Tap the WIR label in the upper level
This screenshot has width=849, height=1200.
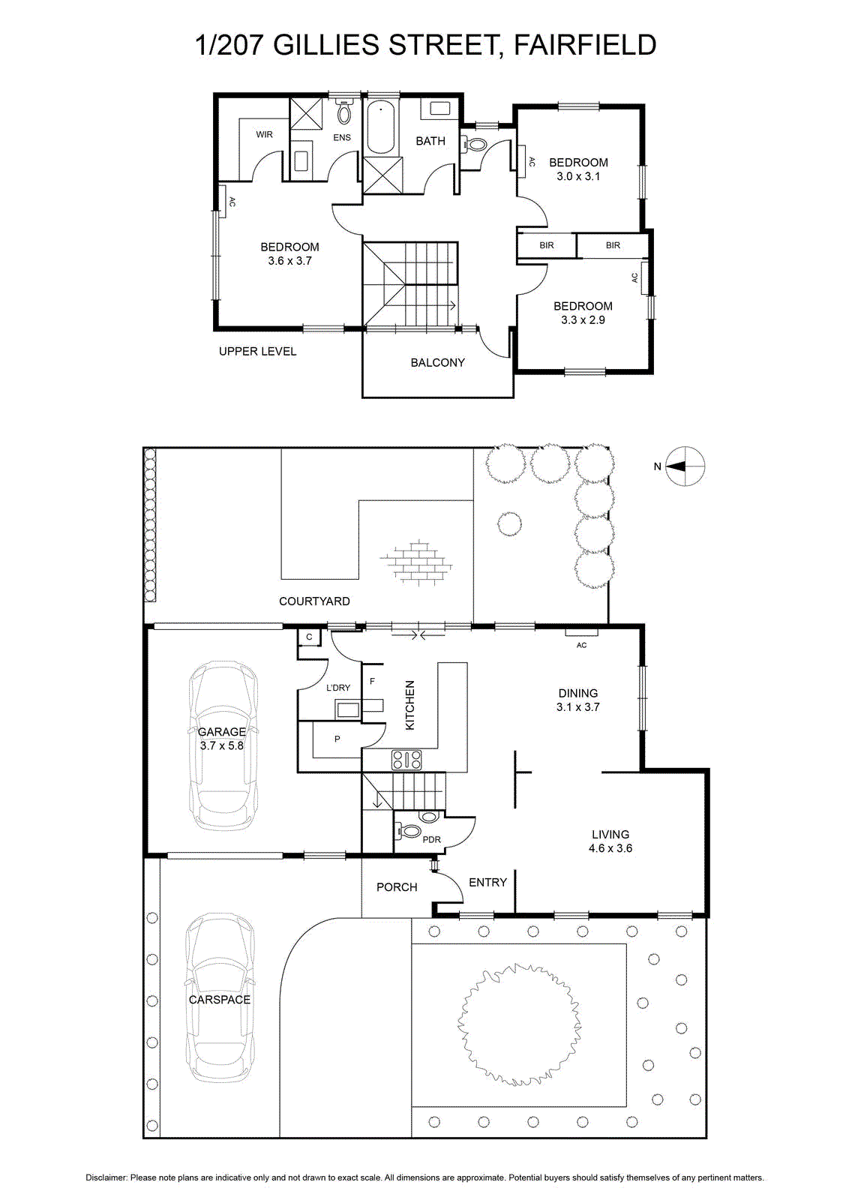[x=264, y=134]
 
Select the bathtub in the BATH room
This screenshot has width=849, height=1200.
[x=382, y=128]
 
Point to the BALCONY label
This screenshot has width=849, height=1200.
[x=437, y=363]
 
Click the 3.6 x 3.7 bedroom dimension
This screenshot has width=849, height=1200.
[x=289, y=261]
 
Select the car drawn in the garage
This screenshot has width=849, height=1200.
[x=222, y=747]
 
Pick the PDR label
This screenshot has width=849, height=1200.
[x=432, y=839]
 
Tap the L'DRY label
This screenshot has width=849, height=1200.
[x=338, y=688]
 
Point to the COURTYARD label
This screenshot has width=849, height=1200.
[x=314, y=601]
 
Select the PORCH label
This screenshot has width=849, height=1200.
[x=397, y=887]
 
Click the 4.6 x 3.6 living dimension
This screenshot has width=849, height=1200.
[x=610, y=848]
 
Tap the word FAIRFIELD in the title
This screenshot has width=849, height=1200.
[x=585, y=45]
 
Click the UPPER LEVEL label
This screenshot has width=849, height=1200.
[x=258, y=352]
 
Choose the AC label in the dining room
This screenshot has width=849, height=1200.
[x=582, y=645]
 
